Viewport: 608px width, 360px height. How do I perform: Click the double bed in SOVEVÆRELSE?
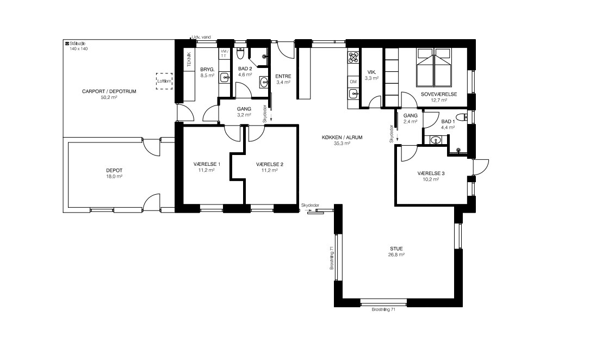point(434,67)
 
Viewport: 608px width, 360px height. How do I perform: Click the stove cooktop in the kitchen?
point(353,58)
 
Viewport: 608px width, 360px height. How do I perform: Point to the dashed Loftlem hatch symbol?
point(164,81)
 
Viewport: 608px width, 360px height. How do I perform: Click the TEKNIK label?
point(189,59)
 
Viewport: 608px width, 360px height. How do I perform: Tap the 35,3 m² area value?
point(342,143)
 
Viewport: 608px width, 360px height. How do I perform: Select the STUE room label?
point(396,249)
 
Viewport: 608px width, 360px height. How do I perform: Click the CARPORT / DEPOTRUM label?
point(109,91)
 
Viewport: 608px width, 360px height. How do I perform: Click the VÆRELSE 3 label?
point(431,173)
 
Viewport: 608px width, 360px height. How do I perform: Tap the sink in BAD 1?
point(436,140)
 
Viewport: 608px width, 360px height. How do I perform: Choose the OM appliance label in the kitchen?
point(353,82)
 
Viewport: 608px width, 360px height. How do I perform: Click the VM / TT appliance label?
point(224,53)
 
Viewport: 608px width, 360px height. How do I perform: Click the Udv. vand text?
point(201,37)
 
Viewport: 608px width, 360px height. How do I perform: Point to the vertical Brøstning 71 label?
point(332,258)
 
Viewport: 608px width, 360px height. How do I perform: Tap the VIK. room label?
point(371,72)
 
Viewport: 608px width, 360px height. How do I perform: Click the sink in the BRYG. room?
point(225,78)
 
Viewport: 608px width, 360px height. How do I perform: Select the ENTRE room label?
point(283,77)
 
